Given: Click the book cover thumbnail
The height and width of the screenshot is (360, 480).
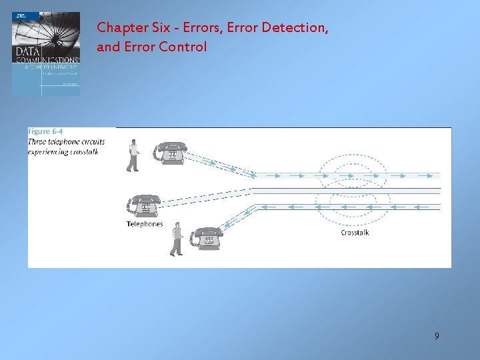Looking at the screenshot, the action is coord(46,53).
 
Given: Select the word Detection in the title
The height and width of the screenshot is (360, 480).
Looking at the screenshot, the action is coord(293,29).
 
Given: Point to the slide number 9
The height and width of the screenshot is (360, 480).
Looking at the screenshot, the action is coord(437,336).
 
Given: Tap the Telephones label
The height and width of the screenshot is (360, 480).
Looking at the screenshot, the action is coord(145,224).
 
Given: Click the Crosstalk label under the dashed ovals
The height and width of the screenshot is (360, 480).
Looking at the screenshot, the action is coord(355,233).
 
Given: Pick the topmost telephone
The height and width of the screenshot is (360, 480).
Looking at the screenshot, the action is coord(171,152).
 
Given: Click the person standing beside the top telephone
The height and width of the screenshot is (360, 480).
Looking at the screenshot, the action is coord(133,156).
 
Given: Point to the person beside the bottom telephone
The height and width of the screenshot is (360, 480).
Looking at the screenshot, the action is coord(176,239).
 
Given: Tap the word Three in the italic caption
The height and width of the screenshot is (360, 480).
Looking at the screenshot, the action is coord(37,141).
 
